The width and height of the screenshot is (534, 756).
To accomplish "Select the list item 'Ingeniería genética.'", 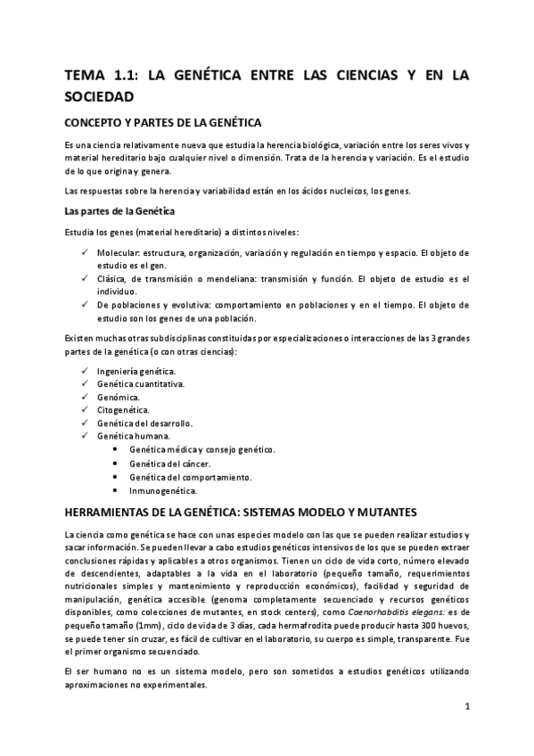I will point(136,370).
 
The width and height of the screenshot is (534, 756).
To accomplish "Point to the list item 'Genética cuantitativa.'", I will point(141,383).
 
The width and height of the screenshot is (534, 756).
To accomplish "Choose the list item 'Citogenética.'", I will point(123,409).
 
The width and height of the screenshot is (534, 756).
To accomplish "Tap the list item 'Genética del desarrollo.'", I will point(144,423).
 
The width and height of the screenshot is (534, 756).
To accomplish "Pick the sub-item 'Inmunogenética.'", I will point(162,490).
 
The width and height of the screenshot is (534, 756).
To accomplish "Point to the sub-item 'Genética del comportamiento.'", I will point(190,477).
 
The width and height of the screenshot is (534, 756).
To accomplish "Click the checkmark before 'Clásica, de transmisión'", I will point(85,279).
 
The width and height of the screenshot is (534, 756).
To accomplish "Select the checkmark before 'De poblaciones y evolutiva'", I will point(85,305).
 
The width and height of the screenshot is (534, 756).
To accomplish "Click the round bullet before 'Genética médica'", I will point(117,450).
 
